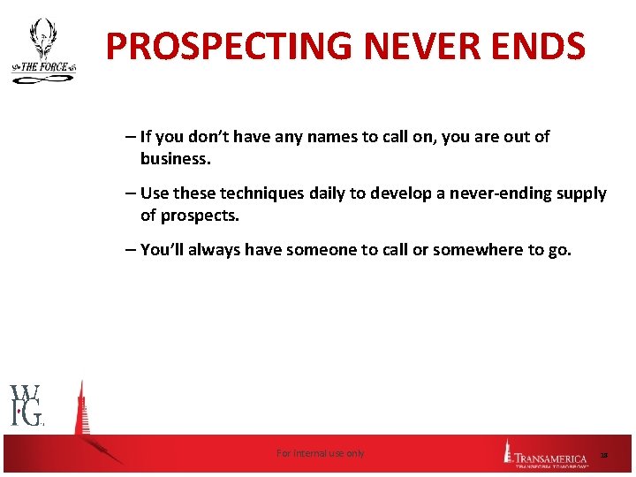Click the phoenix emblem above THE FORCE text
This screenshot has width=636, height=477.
pos(42,40)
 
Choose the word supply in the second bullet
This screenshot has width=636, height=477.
pos(580,193)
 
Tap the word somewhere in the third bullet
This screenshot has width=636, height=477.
pos(478,250)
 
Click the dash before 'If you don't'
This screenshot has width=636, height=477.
pos(130,137)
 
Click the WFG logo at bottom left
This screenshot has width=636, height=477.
pos(27,405)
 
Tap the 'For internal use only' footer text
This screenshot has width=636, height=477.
pos(320,453)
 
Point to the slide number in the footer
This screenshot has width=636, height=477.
pos(604,455)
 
